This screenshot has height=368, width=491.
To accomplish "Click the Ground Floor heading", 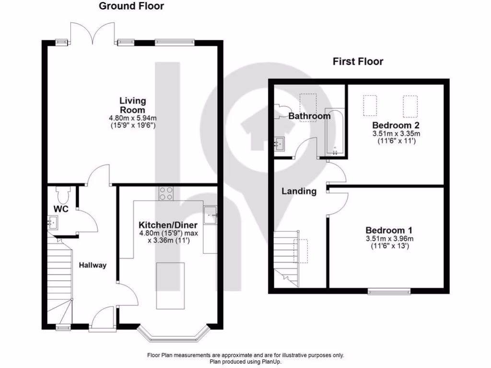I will (x=131, y=6).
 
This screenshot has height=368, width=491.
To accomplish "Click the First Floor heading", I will (x=358, y=61).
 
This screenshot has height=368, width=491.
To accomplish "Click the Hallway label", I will (x=93, y=265).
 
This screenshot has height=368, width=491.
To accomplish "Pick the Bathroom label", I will (x=309, y=116).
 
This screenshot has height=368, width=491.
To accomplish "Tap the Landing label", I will (x=299, y=191).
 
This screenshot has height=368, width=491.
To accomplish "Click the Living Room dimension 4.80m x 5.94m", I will (x=133, y=117).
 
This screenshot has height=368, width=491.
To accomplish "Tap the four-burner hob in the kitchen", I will (x=166, y=193).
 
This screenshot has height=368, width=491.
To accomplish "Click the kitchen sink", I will (x=210, y=215).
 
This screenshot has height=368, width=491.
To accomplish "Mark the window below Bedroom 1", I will (x=389, y=291).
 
